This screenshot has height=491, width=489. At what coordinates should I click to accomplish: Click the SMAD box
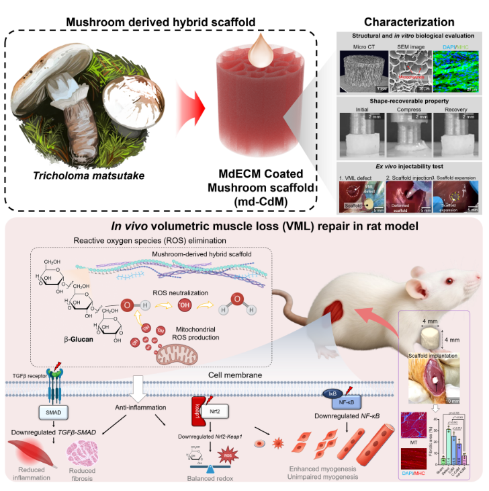[x=40, y=411]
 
